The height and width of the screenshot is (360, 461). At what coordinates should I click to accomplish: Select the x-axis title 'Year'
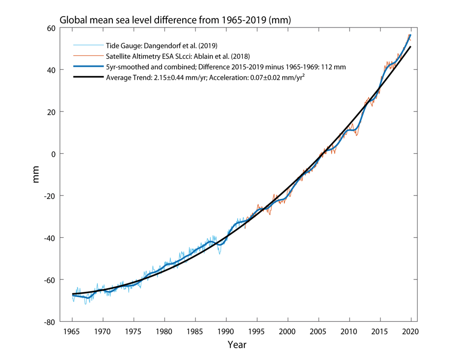237,344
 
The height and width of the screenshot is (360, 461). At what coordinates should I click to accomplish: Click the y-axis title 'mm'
36,175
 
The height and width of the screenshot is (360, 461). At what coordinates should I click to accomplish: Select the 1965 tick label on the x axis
72,332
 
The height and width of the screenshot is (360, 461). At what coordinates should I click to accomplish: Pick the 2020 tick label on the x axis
411,332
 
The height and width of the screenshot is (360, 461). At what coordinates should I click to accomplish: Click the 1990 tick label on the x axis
226,332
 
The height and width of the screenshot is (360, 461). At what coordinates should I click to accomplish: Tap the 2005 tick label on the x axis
318,332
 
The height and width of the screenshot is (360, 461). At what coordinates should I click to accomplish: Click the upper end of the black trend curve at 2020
410,47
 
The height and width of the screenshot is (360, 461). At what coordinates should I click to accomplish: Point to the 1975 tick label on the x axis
134,332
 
